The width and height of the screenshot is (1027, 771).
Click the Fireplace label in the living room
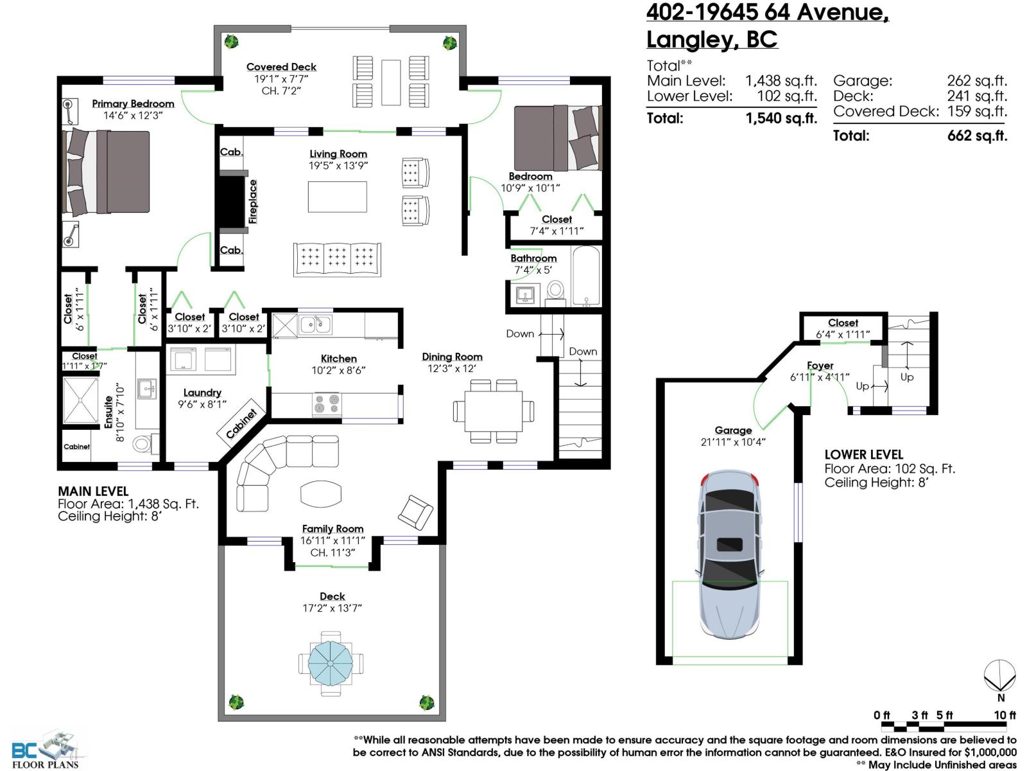click(253, 202)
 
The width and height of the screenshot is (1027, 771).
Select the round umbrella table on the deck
click(331, 662)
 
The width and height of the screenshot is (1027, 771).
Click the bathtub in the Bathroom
click(585, 276)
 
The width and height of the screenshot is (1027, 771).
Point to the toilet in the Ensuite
click(144, 443)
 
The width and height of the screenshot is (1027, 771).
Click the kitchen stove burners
click(326, 404)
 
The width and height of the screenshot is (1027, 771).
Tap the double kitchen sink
click(315, 324)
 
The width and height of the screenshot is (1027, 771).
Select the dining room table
click(494, 411)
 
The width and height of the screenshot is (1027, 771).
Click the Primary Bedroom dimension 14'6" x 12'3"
click(133, 116)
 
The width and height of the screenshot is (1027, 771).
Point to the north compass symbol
click(1000, 678)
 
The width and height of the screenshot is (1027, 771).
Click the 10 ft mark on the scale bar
click(1005, 715)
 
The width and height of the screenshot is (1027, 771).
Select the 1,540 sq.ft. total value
click(781, 118)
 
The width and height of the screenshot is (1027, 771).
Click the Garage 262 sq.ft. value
click(976, 81)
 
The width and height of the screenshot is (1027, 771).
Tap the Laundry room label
click(202, 393)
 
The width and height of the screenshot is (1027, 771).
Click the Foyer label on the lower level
click(820, 366)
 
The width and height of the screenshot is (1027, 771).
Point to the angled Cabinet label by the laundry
click(241, 423)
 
